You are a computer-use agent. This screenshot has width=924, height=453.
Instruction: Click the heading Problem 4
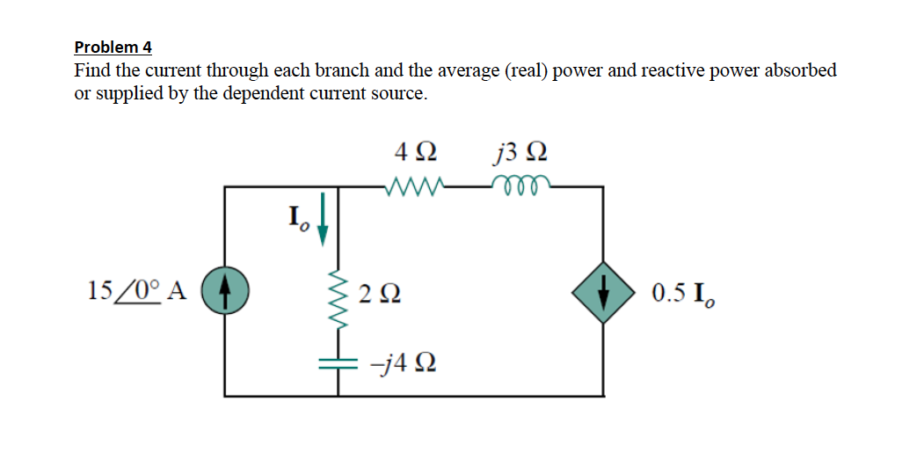click(x=113, y=47)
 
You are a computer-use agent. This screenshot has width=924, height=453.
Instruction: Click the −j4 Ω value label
click(x=399, y=362)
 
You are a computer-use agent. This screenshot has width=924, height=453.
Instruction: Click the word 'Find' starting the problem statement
click(x=92, y=70)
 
